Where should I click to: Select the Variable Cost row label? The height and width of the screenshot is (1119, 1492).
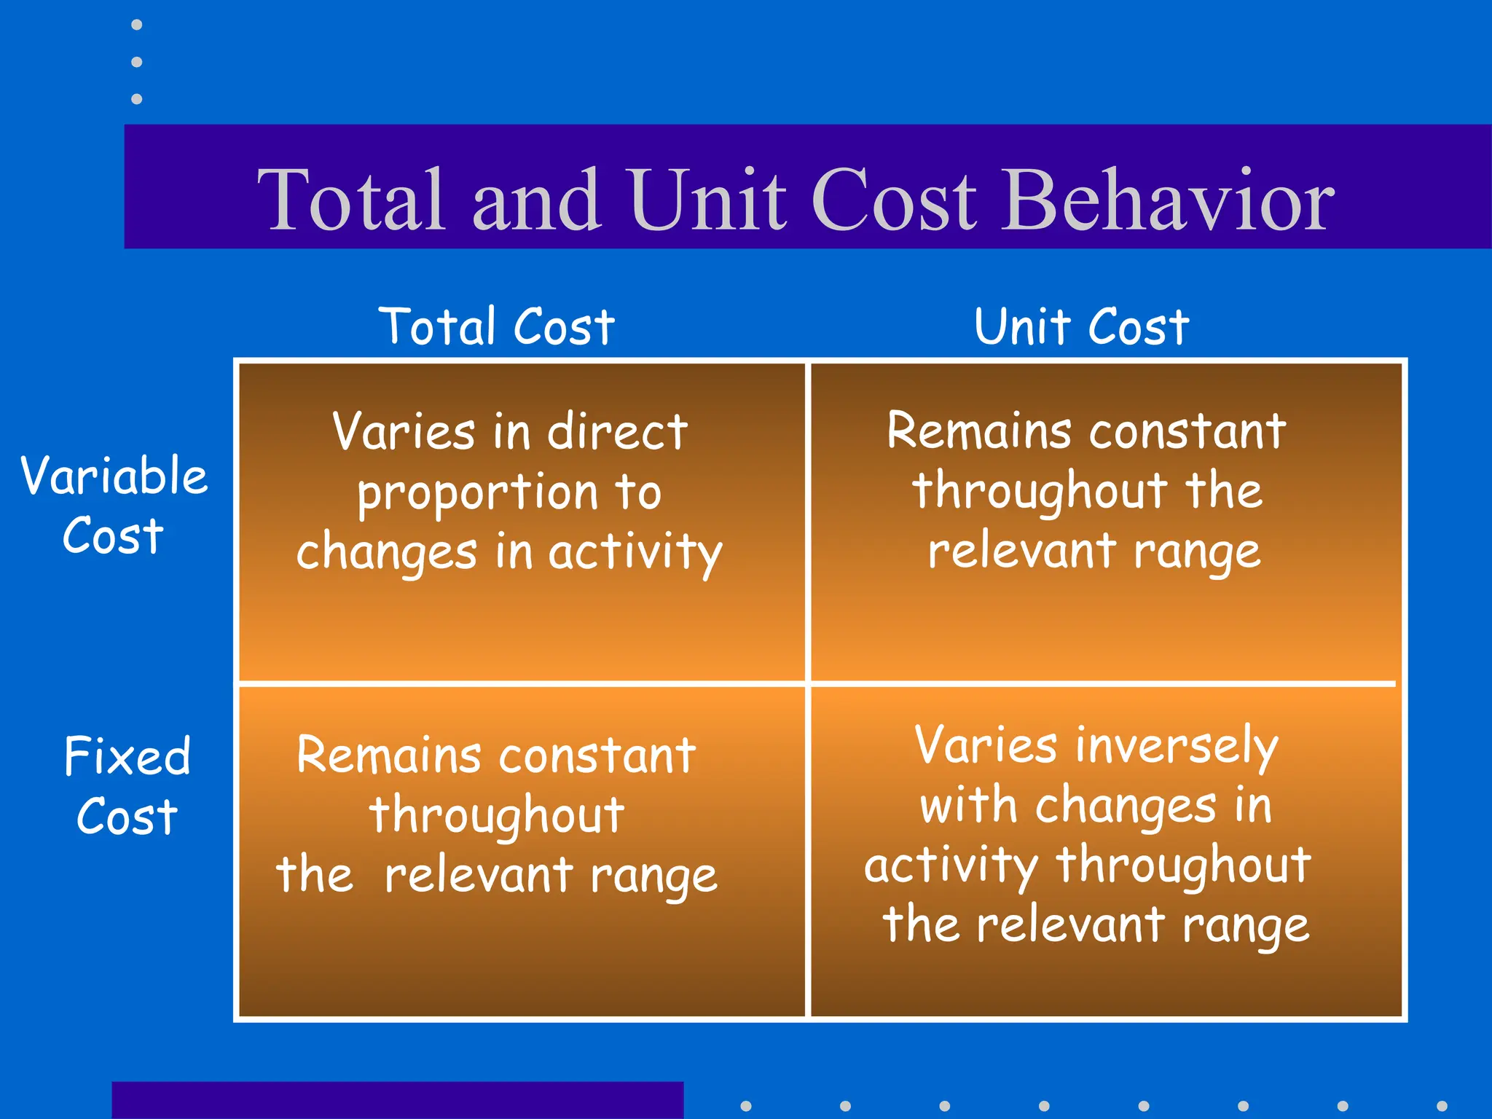coord(114,505)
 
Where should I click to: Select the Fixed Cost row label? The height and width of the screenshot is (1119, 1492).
coord(127,785)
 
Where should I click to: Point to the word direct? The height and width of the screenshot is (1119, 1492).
coord(617,431)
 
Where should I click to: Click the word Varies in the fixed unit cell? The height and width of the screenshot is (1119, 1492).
coord(985,745)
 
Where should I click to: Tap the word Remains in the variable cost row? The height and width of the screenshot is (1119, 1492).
coord(978,431)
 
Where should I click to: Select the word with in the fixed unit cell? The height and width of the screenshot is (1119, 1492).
coord(968,806)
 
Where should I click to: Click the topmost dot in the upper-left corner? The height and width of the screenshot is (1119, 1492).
coord(136,25)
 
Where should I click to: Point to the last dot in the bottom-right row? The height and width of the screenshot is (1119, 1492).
coord(1442,1106)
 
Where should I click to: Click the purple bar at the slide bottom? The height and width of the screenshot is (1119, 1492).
coord(397,1100)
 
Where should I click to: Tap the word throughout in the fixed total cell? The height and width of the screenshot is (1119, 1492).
coord(497,816)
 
